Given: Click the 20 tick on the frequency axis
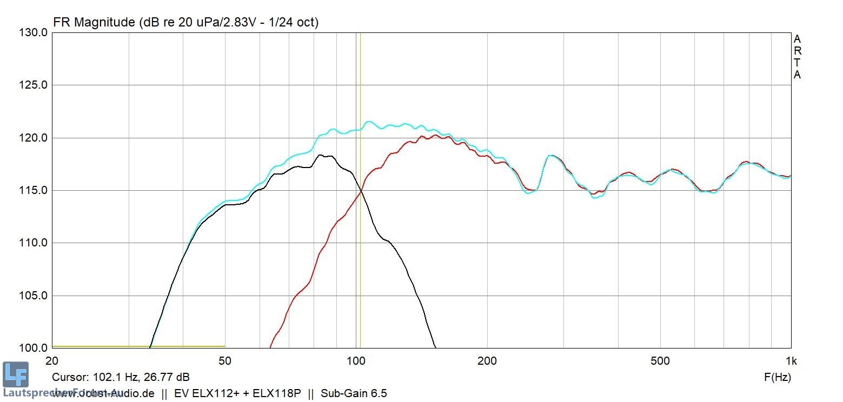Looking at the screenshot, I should [x=52, y=361].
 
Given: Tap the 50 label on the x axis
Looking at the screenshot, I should [x=225, y=361].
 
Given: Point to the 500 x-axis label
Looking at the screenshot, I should [x=660, y=361].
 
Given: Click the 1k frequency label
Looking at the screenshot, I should [x=791, y=361].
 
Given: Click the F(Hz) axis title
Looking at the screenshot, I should [x=777, y=377].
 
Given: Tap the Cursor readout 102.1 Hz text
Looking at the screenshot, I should [x=121, y=377].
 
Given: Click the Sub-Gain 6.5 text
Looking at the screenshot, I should [x=354, y=393].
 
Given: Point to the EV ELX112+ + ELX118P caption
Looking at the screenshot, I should [x=237, y=393].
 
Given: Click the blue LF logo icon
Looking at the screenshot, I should [x=15, y=374].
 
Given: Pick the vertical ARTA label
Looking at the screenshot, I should [x=797, y=57].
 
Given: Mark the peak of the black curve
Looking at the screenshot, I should [x=321, y=155].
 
